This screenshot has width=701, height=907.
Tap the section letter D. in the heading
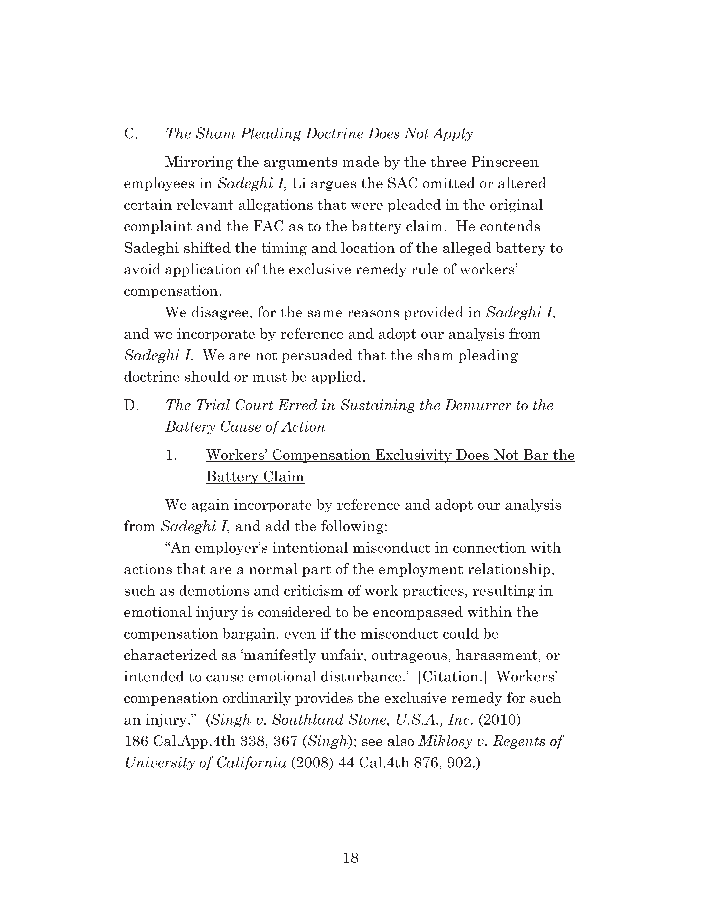(x=131, y=405)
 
